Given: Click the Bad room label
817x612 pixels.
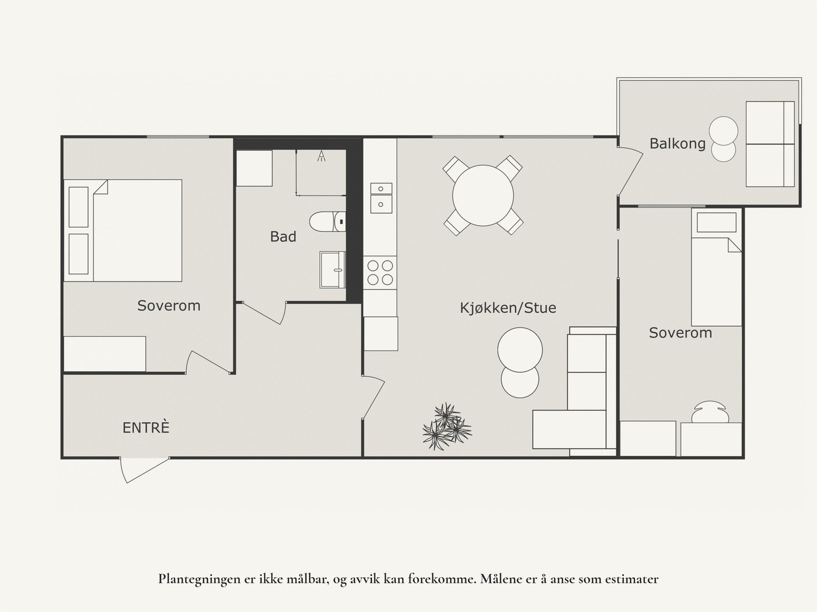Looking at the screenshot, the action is tap(283, 237).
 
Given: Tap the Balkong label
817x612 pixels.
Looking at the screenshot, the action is tap(678, 144).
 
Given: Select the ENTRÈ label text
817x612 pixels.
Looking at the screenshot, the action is tap(146, 428).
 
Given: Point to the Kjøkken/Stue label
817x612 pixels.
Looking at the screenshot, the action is tap(508, 308).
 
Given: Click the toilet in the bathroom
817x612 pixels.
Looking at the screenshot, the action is tap(327, 222).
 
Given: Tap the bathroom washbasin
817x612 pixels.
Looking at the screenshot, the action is tap(332, 270).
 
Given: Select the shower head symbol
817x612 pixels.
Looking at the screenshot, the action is tap(321, 156).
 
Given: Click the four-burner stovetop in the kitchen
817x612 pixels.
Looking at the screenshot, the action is tap(380, 272).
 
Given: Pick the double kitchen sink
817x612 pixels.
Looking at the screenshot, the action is tap(381, 198).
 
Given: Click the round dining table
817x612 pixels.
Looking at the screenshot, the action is tap(483, 196).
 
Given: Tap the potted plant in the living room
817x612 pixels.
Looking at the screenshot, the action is tap(447, 427).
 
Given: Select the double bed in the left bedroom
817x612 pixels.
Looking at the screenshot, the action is tap(123, 230).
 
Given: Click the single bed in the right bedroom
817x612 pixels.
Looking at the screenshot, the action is tap(716, 267).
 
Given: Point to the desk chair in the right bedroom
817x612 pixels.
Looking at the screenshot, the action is tap(710, 412).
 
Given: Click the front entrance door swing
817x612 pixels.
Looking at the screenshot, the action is tap(143, 470).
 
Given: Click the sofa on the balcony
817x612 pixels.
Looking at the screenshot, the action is tap(770, 144).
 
